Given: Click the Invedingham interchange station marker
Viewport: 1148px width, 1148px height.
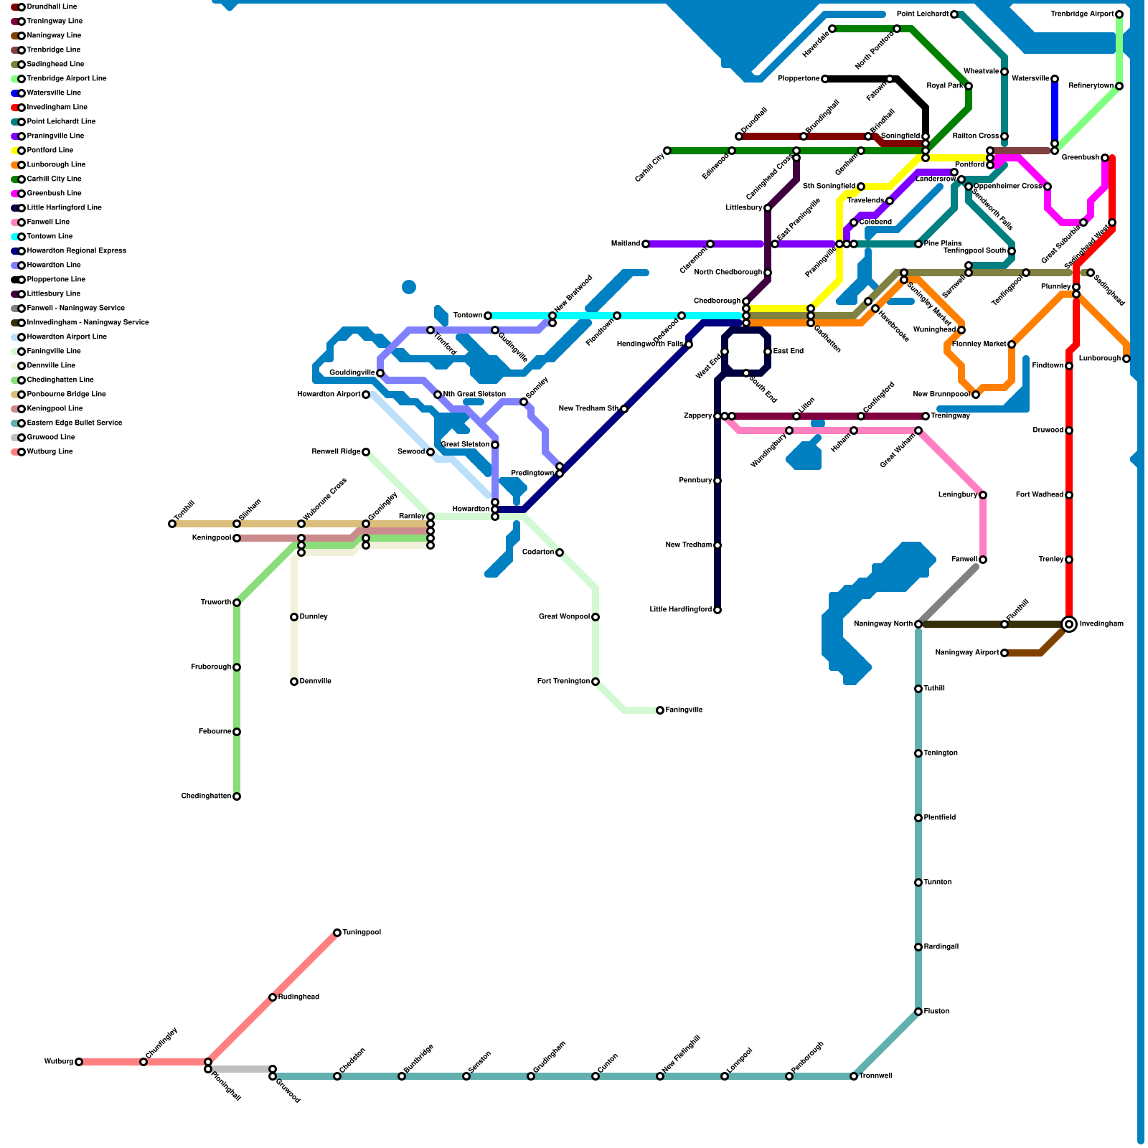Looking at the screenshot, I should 1069,624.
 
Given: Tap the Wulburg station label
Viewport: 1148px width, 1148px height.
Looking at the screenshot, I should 58,1062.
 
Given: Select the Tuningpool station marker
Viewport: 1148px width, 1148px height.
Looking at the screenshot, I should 337,933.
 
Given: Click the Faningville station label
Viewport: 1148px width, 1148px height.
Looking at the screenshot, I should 684,710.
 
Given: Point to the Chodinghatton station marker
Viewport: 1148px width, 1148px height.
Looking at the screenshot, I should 237,796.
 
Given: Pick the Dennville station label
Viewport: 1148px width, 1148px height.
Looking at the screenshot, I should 316,682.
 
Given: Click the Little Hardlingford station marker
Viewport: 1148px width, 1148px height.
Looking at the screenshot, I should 717,610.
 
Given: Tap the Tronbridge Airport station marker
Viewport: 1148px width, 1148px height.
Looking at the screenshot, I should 1119,14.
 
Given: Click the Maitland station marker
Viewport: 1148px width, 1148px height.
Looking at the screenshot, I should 646,244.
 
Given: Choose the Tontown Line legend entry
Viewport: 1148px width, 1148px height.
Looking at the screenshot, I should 50,237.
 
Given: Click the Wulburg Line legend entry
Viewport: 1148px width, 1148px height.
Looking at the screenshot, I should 50,452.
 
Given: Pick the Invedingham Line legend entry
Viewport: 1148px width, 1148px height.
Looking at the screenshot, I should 57,108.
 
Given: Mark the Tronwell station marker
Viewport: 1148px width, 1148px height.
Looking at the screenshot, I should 854,1076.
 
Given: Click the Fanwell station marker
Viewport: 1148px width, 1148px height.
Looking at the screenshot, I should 983,560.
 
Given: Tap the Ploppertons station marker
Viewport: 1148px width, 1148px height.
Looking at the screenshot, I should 825,79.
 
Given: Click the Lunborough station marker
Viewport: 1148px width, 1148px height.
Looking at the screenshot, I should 1126,359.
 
